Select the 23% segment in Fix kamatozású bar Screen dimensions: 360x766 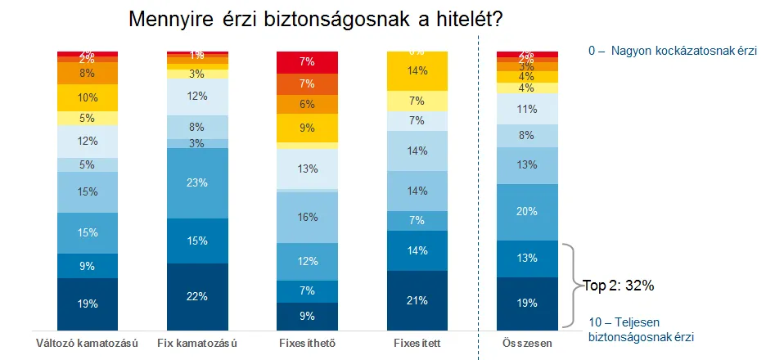(197, 183)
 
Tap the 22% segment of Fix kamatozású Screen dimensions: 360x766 (197, 295)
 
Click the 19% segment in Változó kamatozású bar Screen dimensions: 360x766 (88, 303)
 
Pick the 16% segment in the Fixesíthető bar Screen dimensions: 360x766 (308, 218)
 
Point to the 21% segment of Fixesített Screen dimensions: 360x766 (417, 299)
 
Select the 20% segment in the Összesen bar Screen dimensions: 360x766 (528, 212)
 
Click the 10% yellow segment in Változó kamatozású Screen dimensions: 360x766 (88, 97)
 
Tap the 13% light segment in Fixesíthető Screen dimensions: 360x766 (308, 169)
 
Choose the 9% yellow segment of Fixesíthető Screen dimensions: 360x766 (308, 128)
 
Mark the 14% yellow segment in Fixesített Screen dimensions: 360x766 (417, 71)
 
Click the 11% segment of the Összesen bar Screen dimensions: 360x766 (528, 109)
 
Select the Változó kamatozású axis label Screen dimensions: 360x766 (88, 343)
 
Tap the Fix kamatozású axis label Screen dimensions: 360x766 (197, 343)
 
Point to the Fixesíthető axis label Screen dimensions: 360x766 (308, 343)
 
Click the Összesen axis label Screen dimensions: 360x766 (528, 343)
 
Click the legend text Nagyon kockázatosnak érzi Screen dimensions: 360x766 (673, 51)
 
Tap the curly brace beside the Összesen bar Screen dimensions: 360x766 (573, 285)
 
